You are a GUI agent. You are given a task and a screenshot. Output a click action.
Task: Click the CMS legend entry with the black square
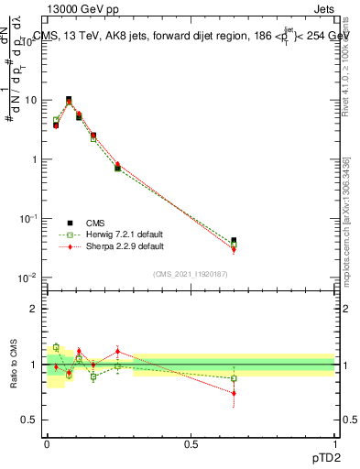tap(96, 222)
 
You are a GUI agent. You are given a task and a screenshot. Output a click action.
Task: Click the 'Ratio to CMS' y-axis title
tap(15, 365)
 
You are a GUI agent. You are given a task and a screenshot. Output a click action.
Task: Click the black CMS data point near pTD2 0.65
tap(234, 241)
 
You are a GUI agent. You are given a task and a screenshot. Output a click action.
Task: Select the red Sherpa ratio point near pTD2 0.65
tap(234, 393)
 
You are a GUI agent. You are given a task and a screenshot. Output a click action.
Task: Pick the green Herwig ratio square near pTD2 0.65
tap(234, 378)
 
